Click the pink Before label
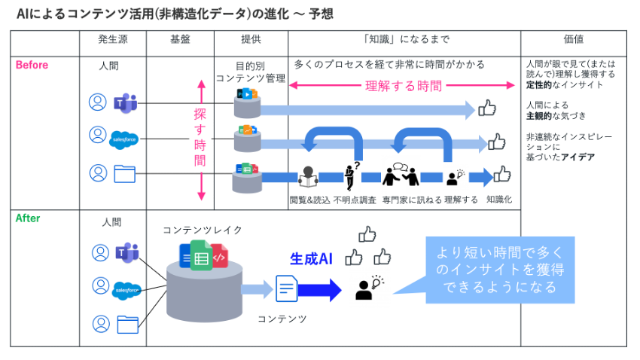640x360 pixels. [32, 66]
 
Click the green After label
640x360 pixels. [28, 218]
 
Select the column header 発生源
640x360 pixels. [112, 39]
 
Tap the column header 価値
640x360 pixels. [573, 39]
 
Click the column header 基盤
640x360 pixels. [180, 39]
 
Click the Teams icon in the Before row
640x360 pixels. [123, 102]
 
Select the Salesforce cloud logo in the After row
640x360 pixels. [126, 288]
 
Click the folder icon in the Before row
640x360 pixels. [124, 174]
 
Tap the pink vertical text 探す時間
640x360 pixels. [200, 139]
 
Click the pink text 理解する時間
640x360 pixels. [404, 86]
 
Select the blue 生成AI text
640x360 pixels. [311, 258]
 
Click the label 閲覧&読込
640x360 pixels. [309, 200]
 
